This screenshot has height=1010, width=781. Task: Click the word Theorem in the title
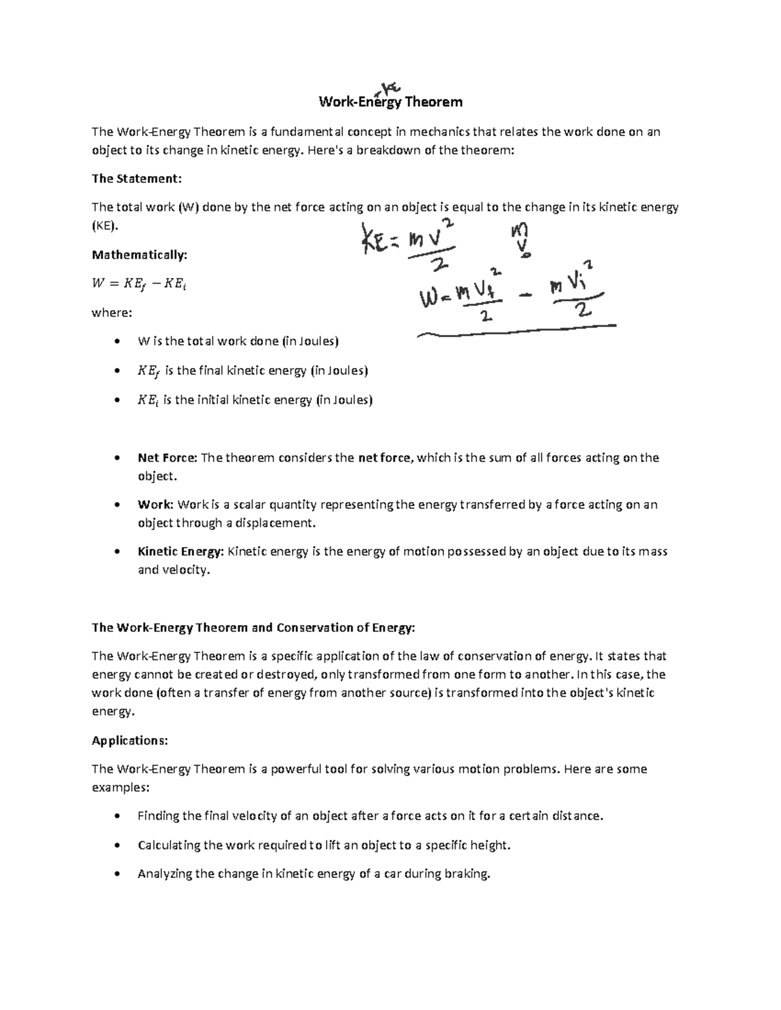coord(433,102)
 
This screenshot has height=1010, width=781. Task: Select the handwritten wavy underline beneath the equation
coord(514,330)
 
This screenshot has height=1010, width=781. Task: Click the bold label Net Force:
coord(167,458)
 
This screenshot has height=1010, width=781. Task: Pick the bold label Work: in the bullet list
coord(155,505)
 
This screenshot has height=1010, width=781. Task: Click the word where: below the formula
coord(111,313)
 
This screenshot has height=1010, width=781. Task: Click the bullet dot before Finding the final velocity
coord(116,816)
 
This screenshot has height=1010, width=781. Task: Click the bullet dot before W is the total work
coord(116,341)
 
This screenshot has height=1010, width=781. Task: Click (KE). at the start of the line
coord(106,226)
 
